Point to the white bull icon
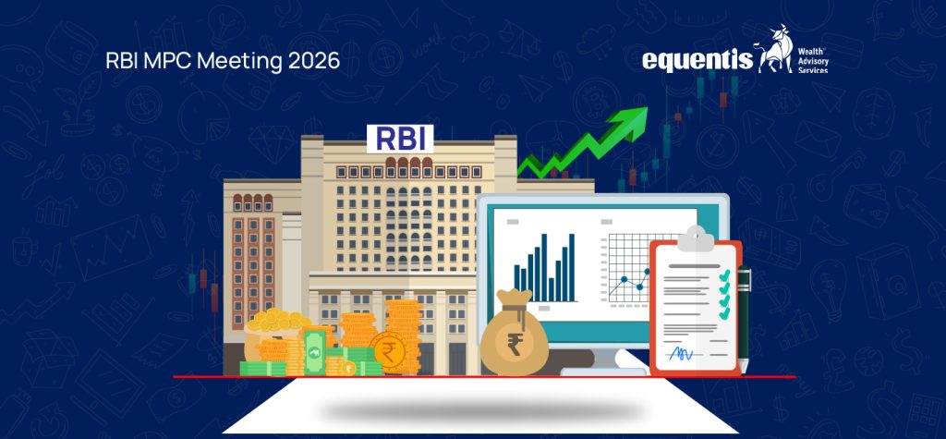pos(772,50)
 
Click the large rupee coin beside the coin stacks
pos(387,350)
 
